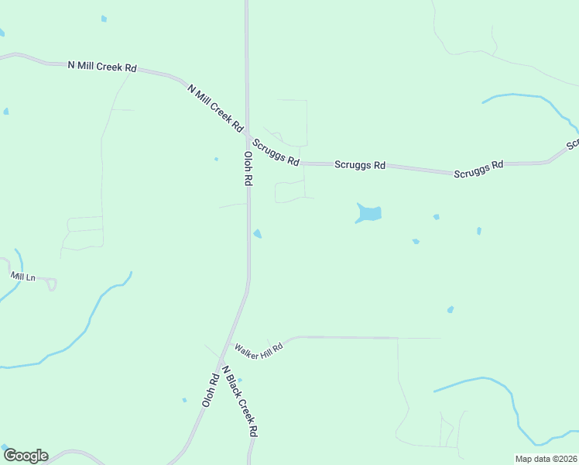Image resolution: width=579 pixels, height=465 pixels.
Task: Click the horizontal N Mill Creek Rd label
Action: [102, 67]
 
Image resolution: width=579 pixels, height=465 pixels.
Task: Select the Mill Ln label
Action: [22, 276]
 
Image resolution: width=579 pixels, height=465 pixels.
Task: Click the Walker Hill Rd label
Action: [259, 347]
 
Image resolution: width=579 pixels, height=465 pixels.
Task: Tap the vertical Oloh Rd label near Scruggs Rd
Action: [248, 167]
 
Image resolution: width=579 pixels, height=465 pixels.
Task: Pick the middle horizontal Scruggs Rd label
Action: [360, 165]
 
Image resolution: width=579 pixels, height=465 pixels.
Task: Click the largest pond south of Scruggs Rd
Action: [369, 212]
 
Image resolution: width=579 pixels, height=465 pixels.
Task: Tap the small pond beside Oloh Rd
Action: [258, 234]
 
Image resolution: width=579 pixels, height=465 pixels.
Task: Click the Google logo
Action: [26, 456]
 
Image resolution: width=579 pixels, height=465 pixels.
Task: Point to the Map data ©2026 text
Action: [546, 459]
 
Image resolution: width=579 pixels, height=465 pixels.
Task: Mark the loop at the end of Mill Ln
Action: [51, 284]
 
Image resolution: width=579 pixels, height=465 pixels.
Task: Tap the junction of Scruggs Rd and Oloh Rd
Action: [248, 137]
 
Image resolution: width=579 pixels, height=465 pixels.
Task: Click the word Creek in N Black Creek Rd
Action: [242, 405]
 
